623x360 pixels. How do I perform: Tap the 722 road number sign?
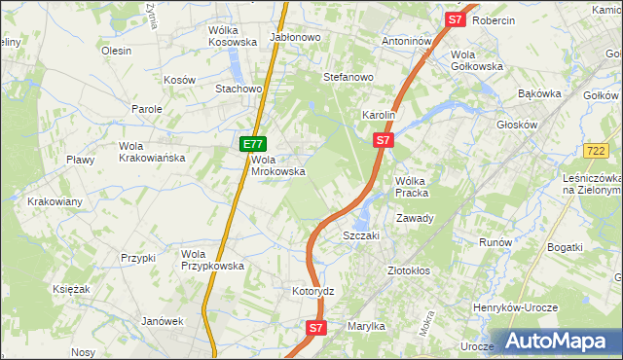(x=598, y=151)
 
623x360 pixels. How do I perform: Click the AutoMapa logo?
(x=559, y=341)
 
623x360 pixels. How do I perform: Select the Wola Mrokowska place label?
(x=278, y=165)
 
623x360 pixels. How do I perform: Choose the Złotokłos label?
(x=409, y=270)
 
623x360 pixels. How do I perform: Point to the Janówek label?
(x=163, y=321)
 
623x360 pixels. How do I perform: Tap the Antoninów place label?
(x=406, y=42)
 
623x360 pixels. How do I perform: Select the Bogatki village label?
(x=565, y=247)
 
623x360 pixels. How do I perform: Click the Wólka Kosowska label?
(x=232, y=36)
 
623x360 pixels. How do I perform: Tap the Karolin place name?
(x=379, y=115)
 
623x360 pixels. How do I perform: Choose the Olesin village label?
(x=116, y=51)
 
